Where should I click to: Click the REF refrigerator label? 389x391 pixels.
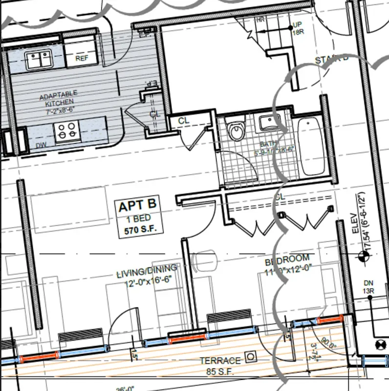point(81,59)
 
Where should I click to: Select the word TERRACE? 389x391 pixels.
point(220,361)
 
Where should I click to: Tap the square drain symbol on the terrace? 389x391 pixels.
point(251,357)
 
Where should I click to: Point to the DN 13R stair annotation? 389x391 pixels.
point(368,287)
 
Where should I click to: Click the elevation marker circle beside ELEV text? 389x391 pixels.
point(362,255)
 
